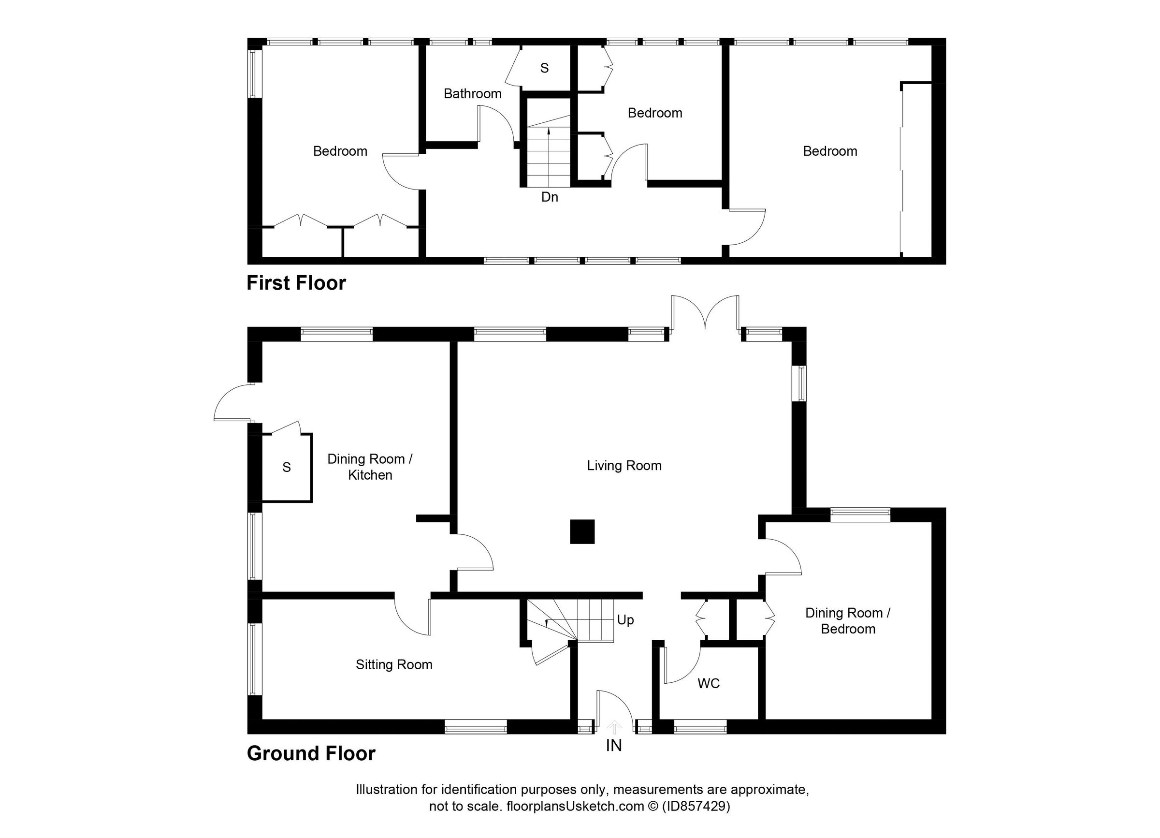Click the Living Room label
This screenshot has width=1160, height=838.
[624, 466]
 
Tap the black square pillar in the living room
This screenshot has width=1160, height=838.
[582, 531]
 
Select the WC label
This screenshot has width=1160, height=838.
[709, 683]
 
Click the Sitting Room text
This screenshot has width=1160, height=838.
[394, 664]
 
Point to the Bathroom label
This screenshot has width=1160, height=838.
[472, 94]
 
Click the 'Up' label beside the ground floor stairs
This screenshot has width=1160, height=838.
[625, 620]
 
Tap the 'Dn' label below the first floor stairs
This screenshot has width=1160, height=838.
[550, 197]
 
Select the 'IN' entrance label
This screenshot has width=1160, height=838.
[614, 746]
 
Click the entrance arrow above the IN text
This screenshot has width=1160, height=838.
[614, 726]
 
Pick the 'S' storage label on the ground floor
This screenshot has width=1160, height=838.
[287, 467]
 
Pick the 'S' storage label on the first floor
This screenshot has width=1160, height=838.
[544, 68]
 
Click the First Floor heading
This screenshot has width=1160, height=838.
[296, 283]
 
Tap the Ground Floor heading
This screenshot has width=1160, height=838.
[311, 753]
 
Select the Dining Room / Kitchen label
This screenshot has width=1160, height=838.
[370, 467]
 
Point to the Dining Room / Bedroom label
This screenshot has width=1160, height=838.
[847, 620]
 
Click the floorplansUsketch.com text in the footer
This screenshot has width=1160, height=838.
[575, 806]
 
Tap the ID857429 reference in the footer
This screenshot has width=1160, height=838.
[696, 806]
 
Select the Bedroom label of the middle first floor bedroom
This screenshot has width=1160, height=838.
[654, 113]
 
